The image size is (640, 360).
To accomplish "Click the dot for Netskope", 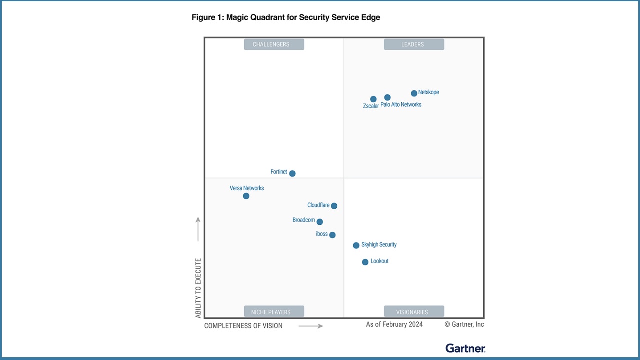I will click(414, 93).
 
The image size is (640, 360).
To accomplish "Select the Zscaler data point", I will click(373, 99).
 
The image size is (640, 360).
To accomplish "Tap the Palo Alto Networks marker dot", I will click(387, 97).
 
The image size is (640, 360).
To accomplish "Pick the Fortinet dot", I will click(292, 174).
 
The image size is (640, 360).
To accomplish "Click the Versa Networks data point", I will click(246, 196).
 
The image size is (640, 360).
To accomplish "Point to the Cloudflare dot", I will click(334, 206).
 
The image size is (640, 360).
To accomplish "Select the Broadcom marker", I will click(320, 222).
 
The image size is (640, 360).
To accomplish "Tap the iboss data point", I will click(332, 235).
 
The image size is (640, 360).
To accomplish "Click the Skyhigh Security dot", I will click(356, 245).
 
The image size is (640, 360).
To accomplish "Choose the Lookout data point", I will click(365, 262).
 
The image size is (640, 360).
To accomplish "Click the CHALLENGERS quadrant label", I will click(274, 44).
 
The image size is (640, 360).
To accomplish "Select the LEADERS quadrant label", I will click(414, 44).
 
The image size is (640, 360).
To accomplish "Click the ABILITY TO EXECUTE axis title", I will click(198, 288).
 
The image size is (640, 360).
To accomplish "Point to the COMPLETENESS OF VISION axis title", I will click(243, 326).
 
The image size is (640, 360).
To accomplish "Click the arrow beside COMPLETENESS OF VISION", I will click(311, 326).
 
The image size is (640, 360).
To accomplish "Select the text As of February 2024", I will click(394, 324).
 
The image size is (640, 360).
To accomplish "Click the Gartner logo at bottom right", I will click(465, 348).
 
